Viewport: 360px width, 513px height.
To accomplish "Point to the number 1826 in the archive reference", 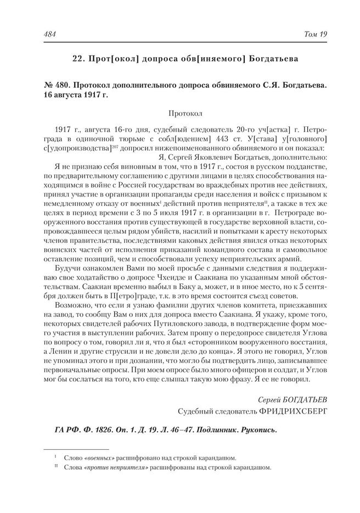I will (x=95, y=430).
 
